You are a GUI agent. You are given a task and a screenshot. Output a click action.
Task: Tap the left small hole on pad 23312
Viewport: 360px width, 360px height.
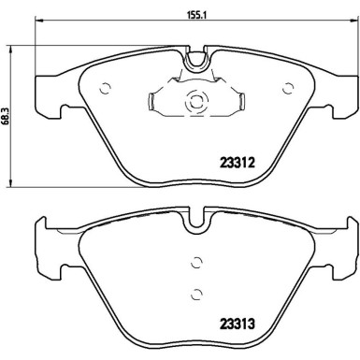[x=104, y=89]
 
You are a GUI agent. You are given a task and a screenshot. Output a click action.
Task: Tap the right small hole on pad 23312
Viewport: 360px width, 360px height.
[x=289, y=89]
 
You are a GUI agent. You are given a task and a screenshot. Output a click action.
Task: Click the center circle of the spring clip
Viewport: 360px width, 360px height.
[x=196, y=104]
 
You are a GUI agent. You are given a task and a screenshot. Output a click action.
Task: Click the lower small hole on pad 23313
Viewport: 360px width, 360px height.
[x=196, y=293]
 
